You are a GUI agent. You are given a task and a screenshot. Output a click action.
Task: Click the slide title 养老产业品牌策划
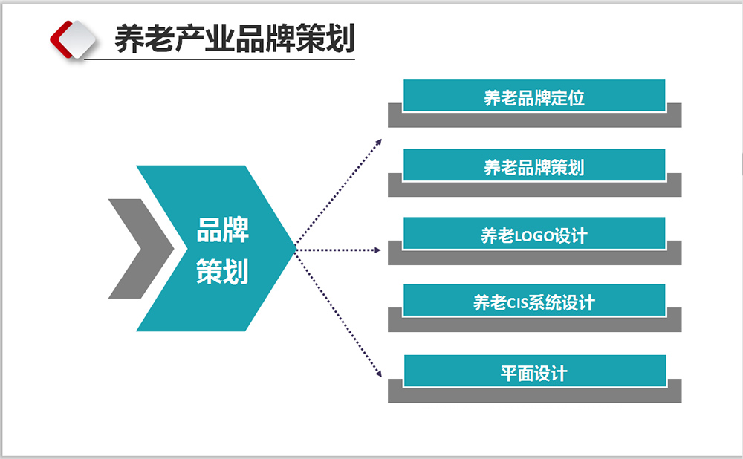tap(234, 38)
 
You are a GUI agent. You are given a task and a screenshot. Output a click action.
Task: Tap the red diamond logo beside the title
tap(73, 38)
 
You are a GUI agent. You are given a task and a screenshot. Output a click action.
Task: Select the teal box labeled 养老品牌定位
tap(533, 96)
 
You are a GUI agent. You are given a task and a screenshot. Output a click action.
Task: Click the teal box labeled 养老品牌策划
tap(533, 166)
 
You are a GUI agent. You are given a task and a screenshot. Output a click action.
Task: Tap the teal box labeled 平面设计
tap(533, 371)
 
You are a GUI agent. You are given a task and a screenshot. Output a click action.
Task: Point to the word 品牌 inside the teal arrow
tap(222, 229)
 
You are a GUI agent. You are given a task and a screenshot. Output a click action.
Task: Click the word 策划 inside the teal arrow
tap(222, 271)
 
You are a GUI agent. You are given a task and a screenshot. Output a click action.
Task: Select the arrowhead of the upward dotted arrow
tap(378, 140)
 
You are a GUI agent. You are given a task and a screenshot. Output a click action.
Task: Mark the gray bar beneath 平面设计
tap(533, 395)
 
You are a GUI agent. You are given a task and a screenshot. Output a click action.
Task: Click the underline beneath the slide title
tap(223, 58)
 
